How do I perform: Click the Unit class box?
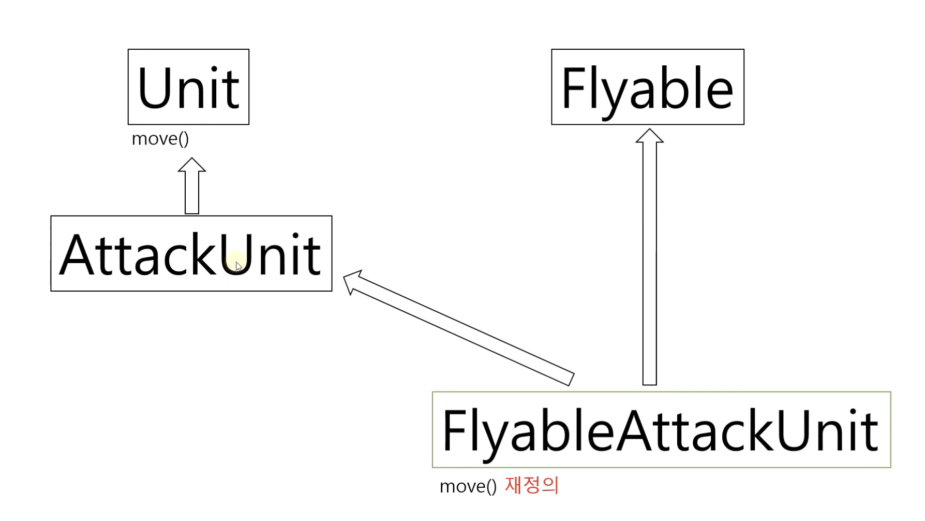[x=188, y=86]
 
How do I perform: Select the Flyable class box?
[x=647, y=86]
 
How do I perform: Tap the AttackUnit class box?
[x=191, y=253]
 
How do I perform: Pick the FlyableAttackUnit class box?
[x=661, y=429]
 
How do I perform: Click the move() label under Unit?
[x=160, y=139]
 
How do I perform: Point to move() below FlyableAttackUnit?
[x=468, y=486]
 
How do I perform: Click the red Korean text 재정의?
[x=532, y=485]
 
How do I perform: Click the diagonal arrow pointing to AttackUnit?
[x=460, y=328]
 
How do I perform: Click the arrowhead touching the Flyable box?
[x=649, y=136]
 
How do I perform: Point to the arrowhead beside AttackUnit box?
[x=353, y=281]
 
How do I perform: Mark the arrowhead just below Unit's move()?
[x=192, y=165]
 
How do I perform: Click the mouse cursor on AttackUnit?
[x=238, y=266]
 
